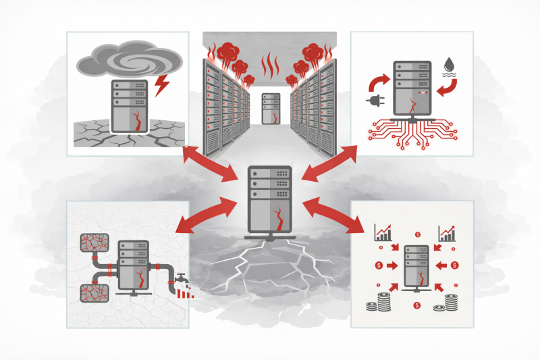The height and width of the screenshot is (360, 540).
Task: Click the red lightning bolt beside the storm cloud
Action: click(162, 86)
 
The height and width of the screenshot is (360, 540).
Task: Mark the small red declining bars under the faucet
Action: click(186, 292)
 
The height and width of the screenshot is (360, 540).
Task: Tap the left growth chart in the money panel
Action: click(383, 234)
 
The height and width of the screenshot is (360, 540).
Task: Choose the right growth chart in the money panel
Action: click(448, 234)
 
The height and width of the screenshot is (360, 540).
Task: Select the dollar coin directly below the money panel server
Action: click(418, 307)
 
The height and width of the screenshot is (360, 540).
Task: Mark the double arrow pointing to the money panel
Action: click(341, 215)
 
